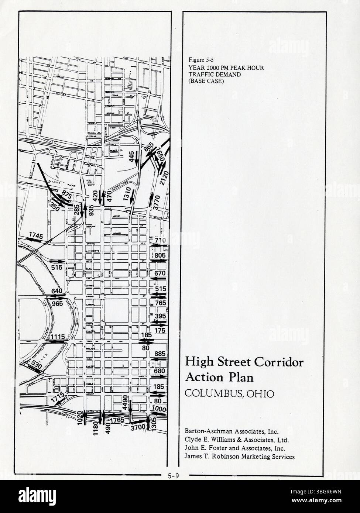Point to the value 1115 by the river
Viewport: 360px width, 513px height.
click(58, 337)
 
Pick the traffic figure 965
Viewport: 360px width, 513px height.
click(57, 304)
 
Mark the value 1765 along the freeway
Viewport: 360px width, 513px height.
click(117, 420)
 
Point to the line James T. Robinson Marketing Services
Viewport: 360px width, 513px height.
click(240, 457)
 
